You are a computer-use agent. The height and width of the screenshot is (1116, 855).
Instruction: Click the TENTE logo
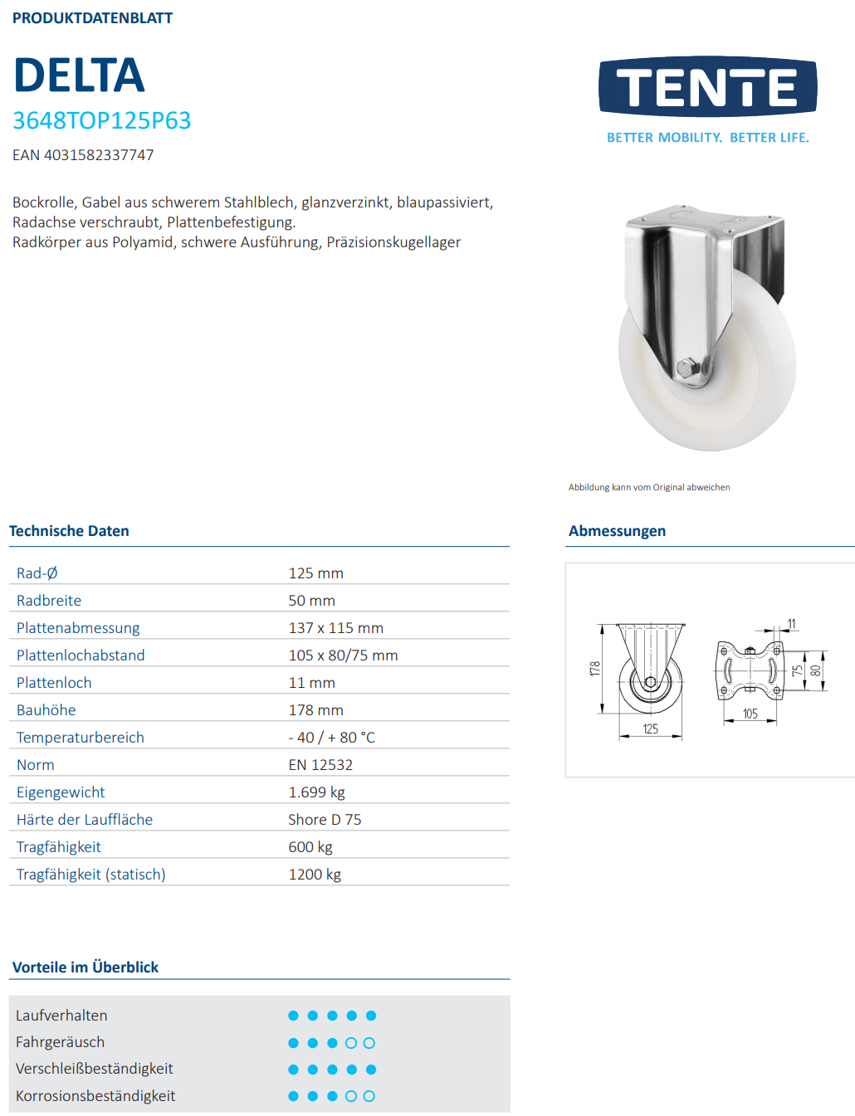click(x=707, y=87)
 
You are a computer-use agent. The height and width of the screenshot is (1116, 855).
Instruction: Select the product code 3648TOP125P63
click(x=101, y=121)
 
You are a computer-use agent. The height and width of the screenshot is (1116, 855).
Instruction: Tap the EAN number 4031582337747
click(x=99, y=155)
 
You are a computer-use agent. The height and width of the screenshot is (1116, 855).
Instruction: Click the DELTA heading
click(x=80, y=76)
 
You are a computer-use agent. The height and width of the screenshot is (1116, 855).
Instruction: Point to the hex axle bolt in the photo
click(x=687, y=368)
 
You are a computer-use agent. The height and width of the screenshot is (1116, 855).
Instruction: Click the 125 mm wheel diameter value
click(x=315, y=573)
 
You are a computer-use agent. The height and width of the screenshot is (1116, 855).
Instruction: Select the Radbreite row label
click(x=49, y=601)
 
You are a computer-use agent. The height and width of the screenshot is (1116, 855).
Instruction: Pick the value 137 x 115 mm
click(x=335, y=628)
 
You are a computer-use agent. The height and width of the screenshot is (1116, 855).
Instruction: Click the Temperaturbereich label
click(x=81, y=738)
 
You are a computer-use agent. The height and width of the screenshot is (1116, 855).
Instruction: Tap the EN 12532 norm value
click(x=320, y=765)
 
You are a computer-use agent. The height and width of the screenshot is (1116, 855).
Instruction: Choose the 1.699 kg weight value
click(x=316, y=792)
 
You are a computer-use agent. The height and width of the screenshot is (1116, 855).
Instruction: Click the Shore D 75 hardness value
click(x=325, y=820)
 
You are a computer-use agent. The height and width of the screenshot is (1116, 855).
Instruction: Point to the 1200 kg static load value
click(x=315, y=875)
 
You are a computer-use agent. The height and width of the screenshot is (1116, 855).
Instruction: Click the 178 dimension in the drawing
click(x=594, y=669)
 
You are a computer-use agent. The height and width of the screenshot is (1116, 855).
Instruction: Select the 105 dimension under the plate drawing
click(x=750, y=714)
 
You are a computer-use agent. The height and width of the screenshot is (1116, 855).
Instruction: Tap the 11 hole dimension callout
click(x=791, y=624)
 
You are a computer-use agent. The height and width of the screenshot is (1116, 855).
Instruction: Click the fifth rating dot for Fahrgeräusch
click(x=369, y=1043)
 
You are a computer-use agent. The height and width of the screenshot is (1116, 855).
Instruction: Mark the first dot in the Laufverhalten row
click(x=293, y=1016)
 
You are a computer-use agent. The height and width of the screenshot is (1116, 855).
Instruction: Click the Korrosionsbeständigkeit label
click(x=95, y=1096)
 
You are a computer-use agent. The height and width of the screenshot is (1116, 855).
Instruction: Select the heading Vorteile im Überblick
click(x=85, y=967)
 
